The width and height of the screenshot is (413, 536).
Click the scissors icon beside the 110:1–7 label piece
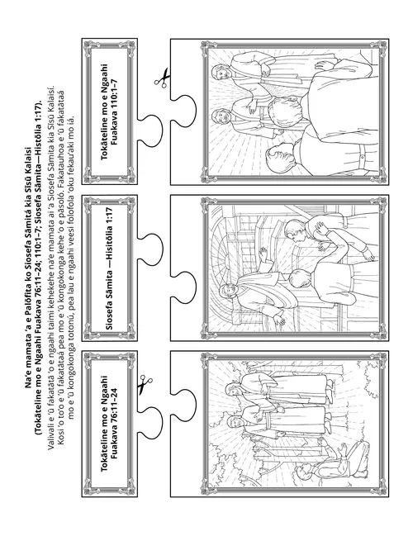(x=162, y=78)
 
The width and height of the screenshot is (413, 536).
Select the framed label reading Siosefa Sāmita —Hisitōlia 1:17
(x=109, y=268)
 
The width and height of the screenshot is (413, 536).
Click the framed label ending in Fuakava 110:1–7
(x=109, y=111)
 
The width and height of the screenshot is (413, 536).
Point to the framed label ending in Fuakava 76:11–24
(x=109, y=424)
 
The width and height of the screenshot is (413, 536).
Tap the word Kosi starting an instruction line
(x=60, y=439)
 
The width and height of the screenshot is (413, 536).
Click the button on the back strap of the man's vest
(x=362, y=157)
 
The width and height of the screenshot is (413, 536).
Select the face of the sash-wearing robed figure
(x=225, y=292)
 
